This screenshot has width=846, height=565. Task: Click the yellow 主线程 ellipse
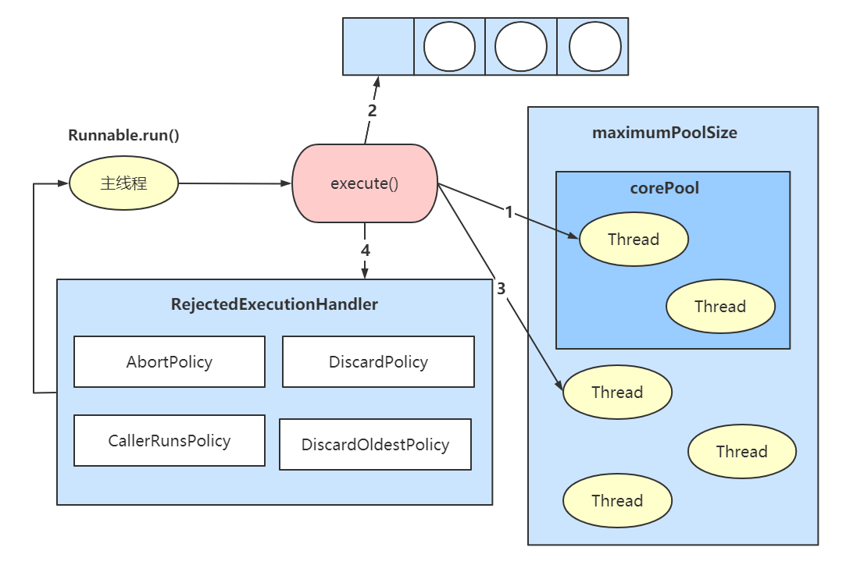point(123,183)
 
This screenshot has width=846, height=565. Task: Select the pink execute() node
point(364,184)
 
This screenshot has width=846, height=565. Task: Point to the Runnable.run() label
point(123,135)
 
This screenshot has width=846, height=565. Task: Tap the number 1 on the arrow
point(509,212)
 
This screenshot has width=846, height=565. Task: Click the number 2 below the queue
point(372,110)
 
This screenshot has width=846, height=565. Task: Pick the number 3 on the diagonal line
point(501,288)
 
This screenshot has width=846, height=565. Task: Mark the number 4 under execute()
point(365,251)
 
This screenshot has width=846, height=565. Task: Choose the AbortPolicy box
point(170,361)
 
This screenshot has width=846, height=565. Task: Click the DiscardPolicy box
point(378,361)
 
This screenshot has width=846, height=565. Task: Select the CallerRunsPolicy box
point(170,440)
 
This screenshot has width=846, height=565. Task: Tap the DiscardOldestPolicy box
point(375,444)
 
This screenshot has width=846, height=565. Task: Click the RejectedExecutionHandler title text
point(274,304)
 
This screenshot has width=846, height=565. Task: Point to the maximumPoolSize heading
point(664,132)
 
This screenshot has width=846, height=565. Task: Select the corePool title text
point(664,188)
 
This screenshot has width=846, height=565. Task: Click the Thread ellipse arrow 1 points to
point(634,239)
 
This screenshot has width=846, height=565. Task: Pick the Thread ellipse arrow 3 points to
point(617,392)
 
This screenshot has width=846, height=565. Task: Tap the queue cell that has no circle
point(378,47)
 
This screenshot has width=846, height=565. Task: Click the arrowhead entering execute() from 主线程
point(286,184)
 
